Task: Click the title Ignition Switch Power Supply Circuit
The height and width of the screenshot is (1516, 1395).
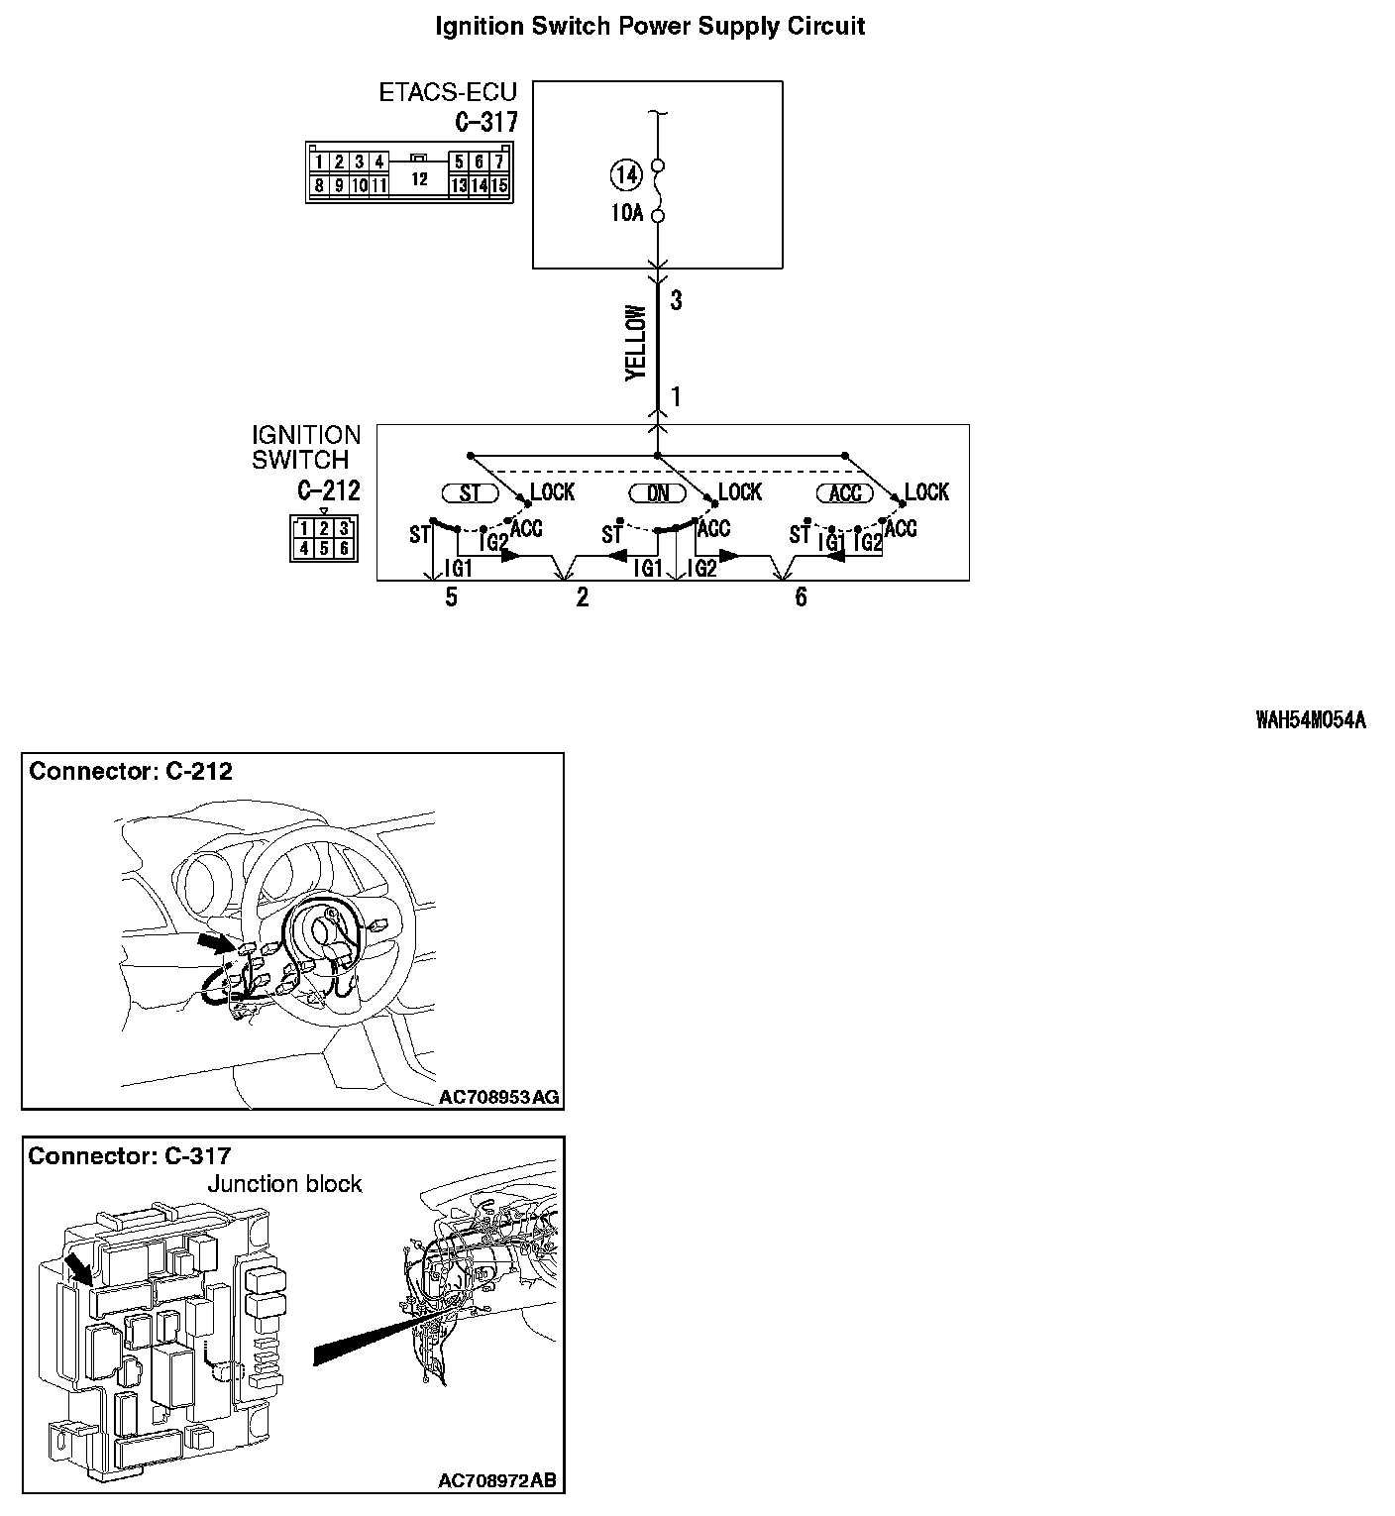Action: (650, 27)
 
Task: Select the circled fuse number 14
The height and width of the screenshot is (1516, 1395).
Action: (626, 176)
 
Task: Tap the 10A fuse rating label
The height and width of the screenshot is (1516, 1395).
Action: (626, 213)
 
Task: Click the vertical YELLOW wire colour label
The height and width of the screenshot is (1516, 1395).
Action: (636, 343)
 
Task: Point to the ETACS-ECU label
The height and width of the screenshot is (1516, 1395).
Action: (448, 93)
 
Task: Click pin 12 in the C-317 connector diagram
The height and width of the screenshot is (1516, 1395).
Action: (419, 179)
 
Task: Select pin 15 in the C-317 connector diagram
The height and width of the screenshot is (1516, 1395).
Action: (499, 185)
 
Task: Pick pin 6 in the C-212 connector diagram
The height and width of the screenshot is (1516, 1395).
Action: (343, 548)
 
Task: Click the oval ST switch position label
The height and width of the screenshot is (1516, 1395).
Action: (470, 493)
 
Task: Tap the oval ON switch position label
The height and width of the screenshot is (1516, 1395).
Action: (658, 493)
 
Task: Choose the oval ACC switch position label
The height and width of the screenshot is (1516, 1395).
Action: (844, 493)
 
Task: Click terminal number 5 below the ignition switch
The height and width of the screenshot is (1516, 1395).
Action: (451, 597)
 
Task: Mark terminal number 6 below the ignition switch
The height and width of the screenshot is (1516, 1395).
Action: (801, 597)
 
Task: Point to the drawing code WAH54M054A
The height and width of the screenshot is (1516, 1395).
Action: (1310, 720)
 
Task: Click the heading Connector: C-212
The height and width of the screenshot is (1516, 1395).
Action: (131, 772)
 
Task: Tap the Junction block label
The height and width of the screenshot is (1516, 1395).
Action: (284, 1184)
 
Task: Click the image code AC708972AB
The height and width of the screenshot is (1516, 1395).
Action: (497, 1480)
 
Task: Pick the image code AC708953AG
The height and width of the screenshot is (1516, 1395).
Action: (498, 1097)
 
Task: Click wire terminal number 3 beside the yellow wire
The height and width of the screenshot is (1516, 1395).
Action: (676, 301)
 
